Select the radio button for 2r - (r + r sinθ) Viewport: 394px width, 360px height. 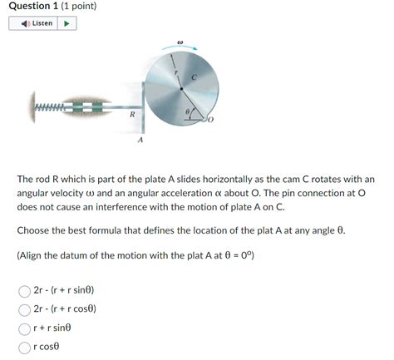[x=25, y=291]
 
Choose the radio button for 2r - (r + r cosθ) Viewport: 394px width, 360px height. [x=25, y=309]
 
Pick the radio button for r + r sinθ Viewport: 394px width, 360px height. [x=25, y=328]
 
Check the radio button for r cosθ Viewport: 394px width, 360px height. [x=25, y=347]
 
